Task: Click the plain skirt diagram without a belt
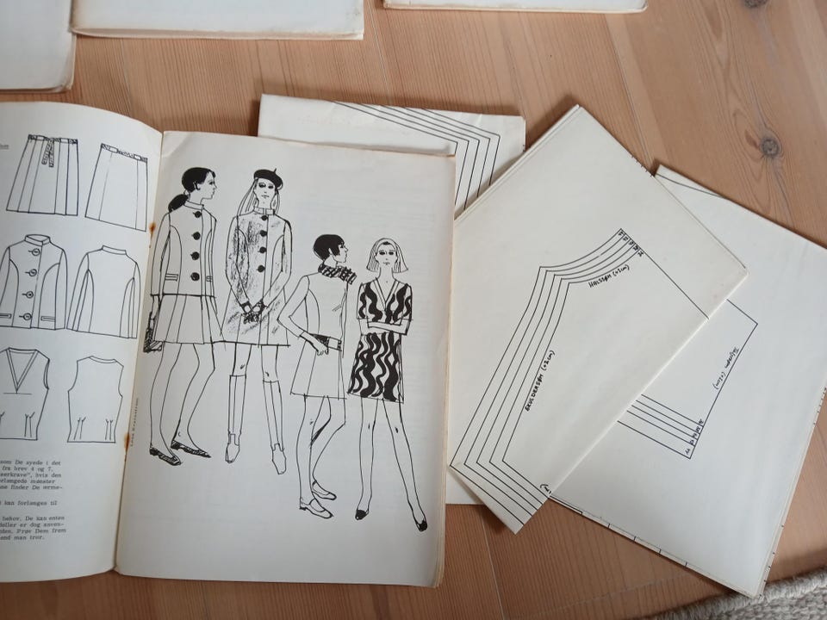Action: [115, 185]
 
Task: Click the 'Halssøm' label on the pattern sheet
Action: [608, 273]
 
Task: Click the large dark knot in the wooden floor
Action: [768, 146]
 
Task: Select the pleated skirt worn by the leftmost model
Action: [183, 317]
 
